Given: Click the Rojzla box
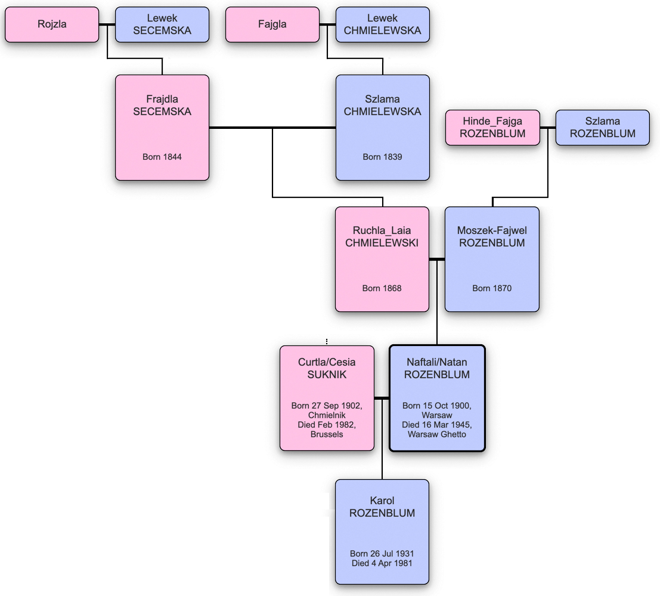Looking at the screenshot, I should pos(51,24).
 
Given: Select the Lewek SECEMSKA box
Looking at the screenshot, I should pos(162,24).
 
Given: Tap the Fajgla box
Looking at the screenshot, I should pos(272,24).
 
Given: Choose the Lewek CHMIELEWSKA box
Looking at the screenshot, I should pos(382,24).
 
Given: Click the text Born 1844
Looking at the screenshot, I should pos(162,157).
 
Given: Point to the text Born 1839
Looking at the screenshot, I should pos(382,157).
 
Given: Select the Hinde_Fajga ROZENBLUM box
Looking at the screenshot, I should pos(492,128).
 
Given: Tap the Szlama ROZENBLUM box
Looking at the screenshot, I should pos(602,128).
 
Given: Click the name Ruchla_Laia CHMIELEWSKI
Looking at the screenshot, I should pos(382,237).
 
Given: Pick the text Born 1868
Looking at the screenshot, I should pos(382,288).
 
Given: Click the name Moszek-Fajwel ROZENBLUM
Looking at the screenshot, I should pos(492,237).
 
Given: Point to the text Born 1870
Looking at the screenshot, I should pos(492,288).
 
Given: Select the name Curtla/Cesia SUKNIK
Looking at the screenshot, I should pos(327,369).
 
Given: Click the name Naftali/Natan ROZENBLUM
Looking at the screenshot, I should pos(437,369).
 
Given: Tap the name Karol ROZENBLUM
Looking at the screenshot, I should pos(382,507).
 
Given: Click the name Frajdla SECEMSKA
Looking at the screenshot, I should pos(162,105).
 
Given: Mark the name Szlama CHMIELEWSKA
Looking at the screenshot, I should pos(382,105).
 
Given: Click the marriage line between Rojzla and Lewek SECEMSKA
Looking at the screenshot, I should pos(107,24).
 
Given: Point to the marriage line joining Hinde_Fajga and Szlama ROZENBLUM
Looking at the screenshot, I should pos(547,128).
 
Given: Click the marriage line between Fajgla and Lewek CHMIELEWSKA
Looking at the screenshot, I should pos(327,24).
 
